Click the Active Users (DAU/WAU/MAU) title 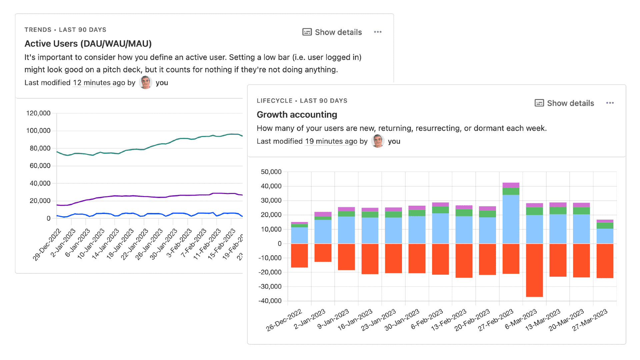coord(88,44)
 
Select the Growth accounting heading coord(297,115)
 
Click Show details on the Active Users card coord(332,32)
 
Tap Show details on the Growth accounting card coord(564,103)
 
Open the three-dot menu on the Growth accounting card coord(610,103)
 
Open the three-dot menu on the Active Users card coord(378,32)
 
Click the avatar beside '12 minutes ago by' coord(145,82)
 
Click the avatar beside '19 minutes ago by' coord(378,141)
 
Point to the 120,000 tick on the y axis coord(38,113)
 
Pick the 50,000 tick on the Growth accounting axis coord(271,172)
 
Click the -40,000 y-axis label coord(270,301)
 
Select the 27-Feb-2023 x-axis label coord(496,320)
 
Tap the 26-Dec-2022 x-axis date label coord(284,320)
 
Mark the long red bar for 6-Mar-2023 coord(534,270)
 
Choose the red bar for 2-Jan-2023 coord(323,253)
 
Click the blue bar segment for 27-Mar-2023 coord(605,236)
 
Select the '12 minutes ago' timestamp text coord(99,83)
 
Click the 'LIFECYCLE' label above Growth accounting coord(274,101)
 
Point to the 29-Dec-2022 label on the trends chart coord(47,245)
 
